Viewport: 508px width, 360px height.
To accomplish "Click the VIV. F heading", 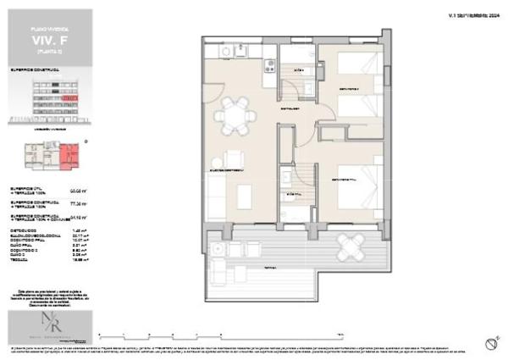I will (x=48, y=37).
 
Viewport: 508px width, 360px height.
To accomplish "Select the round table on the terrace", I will (x=350, y=247).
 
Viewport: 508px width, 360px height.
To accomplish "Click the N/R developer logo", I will (x=48, y=325).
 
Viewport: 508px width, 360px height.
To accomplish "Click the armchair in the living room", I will (x=232, y=161).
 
